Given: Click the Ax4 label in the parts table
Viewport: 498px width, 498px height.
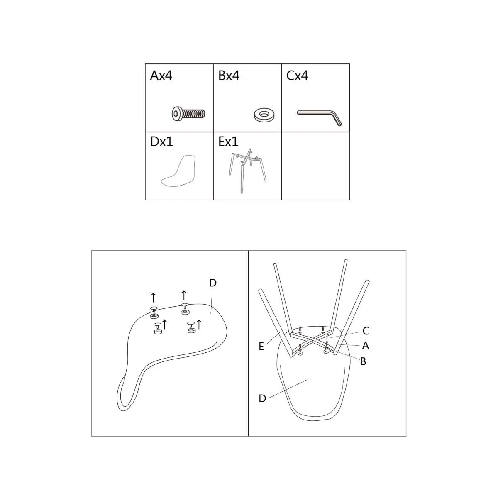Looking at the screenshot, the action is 161,76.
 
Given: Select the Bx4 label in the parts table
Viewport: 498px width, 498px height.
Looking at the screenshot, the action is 229,76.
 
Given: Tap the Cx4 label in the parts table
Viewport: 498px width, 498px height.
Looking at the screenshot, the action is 297,76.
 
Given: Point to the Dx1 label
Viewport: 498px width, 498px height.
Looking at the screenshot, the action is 161,142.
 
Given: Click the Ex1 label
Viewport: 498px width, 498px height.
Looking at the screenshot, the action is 228,142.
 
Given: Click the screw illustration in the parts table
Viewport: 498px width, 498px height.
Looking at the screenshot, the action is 189,113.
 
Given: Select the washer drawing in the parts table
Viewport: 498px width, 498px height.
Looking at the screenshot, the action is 264,115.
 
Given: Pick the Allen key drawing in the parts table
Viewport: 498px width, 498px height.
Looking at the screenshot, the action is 320,117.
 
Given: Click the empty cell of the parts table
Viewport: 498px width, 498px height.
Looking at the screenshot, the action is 315,166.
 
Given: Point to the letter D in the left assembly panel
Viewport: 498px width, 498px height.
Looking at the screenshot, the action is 213,283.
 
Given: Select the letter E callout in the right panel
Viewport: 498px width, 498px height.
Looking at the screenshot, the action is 261,347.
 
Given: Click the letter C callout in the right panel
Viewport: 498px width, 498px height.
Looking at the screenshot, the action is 366,330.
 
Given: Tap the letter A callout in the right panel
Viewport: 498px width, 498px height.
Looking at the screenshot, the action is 366,346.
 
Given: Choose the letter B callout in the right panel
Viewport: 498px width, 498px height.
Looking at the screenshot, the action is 363,361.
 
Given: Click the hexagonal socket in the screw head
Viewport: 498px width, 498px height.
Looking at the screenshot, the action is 176,113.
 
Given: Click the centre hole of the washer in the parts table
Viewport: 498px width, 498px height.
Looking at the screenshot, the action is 264,113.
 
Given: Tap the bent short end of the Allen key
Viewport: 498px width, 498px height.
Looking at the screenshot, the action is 337,119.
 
